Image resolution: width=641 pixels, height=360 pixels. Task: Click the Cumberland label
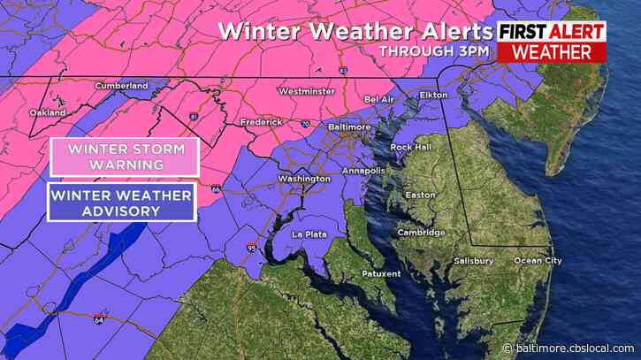coord(121,86)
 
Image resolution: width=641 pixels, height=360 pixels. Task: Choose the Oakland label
coord(47,113)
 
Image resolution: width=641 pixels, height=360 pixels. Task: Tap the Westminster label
coord(306,91)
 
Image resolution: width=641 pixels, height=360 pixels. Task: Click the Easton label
coord(419,195)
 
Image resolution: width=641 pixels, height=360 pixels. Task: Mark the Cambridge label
coord(421,233)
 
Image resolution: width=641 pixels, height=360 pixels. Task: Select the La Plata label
coord(310,234)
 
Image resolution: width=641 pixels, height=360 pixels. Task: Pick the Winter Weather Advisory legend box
coord(123,203)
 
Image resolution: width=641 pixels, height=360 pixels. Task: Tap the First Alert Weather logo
coord(552,42)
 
